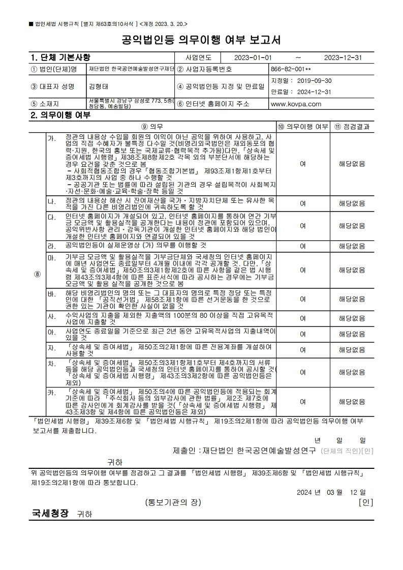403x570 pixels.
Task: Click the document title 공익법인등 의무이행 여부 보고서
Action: (201, 40)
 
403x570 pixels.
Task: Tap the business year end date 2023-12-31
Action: (343, 58)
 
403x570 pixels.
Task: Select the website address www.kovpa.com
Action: (296, 104)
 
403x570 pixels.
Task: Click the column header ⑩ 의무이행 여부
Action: (302, 126)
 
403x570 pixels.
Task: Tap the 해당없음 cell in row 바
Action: (352, 299)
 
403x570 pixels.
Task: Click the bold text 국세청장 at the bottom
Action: (50, 514)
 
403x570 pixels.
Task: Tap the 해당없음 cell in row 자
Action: (352, 350)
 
